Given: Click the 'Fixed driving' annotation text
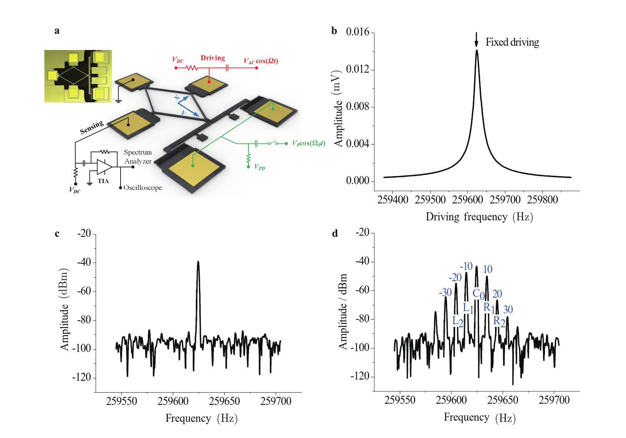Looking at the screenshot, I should pyautogui.click(x=512, y=42).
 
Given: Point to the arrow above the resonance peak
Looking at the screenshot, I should pyautogui.click(x=477, y=40).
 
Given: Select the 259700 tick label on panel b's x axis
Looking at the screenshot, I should pyautogui.click(x=506, y=200).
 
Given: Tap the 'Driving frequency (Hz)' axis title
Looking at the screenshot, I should pyautogui.click(x=479, y=217).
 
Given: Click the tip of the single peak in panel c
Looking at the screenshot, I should pyautogui.click(x=198, y=262).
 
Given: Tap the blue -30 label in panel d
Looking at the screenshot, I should pyautogui.click(x=445, y=293).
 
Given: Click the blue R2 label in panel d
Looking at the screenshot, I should pyautogui.click(x=499, y=321).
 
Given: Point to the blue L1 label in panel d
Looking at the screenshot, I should pyautogui.click(x=468, y=308).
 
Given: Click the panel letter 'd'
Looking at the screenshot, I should pyautogui.click(x=335, y=233).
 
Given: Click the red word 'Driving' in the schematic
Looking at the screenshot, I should pyautogui.click(x=212, y=58).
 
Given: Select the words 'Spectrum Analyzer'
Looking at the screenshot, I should pyautogui.click(x=138, y=157).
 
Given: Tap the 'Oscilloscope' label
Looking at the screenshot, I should pyautogui.click(x=142, y=188).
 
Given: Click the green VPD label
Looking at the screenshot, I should pyautogui.click(x=260, y=168).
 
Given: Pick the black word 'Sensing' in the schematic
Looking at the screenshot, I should pyautogui.click(x=92, y=127).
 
